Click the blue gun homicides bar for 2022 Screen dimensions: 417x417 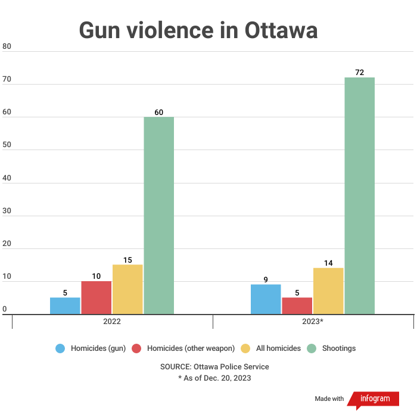point(65,306)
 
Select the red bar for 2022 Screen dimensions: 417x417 point(97,297)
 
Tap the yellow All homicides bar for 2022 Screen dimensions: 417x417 point(127,290)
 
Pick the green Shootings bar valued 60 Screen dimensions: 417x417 point(158,215)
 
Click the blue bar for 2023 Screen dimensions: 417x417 point(266,299)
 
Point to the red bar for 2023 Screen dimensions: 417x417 point(297,306)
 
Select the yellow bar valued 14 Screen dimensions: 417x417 point(328,291)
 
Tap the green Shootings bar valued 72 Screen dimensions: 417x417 point(359,195)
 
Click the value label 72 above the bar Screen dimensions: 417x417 point(359,73)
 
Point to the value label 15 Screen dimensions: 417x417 point(127,260)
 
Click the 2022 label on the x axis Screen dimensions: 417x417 point(112,322)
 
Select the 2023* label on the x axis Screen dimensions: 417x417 point(313,322)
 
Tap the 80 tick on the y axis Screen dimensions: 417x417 point(7,46)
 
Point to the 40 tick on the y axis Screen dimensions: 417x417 point(7,178)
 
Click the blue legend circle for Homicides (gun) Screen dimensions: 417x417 point(60,348)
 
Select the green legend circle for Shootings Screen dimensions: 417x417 point(312,348)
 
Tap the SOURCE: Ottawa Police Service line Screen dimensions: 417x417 point(214,366)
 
